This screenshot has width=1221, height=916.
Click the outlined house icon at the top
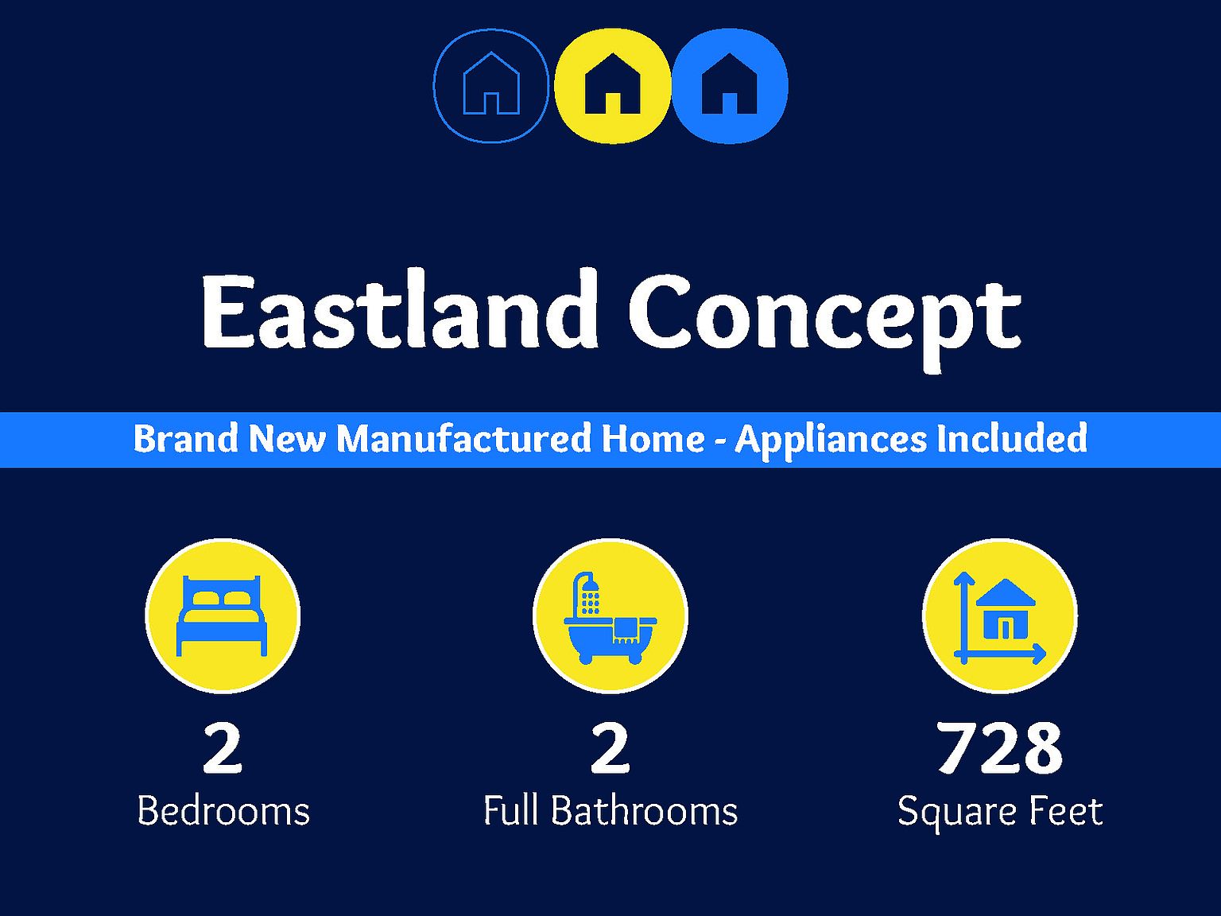(x=491, y=86)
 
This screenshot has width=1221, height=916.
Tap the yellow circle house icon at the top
(x=612, y=86)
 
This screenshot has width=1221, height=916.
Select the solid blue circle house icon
(x=729, y=86)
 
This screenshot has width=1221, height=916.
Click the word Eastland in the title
(x=399, y=309)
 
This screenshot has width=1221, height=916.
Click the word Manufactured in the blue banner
(x=464, y=439)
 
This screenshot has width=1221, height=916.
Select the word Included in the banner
(x=1012, y=438)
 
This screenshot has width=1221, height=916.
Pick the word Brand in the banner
(x=186, y=439)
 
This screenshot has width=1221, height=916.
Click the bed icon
(x=222, y=615)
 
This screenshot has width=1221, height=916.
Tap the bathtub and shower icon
(x=610, y=617)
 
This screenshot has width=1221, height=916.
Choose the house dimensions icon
(x=999, y=617)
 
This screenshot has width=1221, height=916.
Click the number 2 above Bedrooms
(x=223, y=747)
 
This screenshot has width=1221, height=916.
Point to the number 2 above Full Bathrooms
(x=610, y=747)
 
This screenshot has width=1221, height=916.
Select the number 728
(x=999, y=747)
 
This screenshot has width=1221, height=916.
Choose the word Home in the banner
(x=653, y=439)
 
